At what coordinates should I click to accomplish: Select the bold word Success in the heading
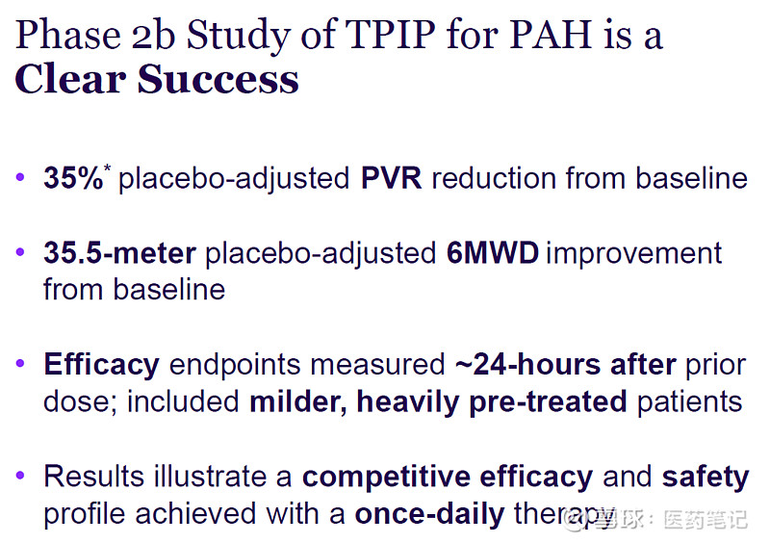(x=218, y=79)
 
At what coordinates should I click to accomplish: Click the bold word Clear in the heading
(x=69, y=79)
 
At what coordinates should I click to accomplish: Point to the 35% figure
(x=72, y=178)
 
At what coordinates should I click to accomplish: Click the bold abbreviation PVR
(x=391, y=178)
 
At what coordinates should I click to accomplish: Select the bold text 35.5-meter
(x=119, y=253)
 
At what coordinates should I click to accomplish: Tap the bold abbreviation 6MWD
(x=492, y=253)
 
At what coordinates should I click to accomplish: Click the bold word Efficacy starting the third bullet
(x=101, y=365)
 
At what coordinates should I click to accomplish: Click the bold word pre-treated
(x=548, y=401)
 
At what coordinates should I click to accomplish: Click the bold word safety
(x=705, y=477)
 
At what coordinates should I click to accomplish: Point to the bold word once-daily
(x=429, y=513)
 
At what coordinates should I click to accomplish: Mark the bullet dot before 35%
(x=22, y=179)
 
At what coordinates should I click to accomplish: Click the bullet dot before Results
(x=22, y=477)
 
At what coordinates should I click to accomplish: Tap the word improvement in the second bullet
(x=633, y=253)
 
